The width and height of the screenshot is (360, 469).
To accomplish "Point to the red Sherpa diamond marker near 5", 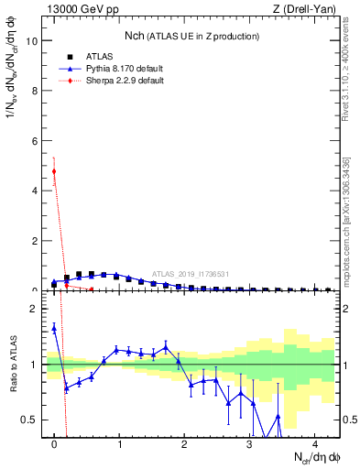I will click(54, 171).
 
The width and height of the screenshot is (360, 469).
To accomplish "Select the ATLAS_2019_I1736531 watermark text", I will click(191, 273).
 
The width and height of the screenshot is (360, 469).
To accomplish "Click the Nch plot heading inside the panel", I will click(191, 36).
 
